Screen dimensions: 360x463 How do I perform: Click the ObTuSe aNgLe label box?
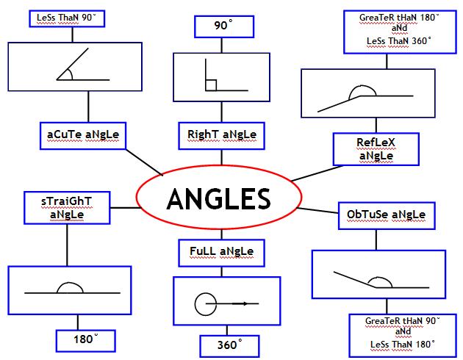pos(386,215)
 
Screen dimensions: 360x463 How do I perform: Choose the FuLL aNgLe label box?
pos(221,252)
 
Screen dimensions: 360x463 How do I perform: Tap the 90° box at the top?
pos(223,26)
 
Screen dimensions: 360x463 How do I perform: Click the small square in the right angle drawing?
pos(211,85)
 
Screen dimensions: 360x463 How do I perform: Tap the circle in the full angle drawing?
pos(204,303)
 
